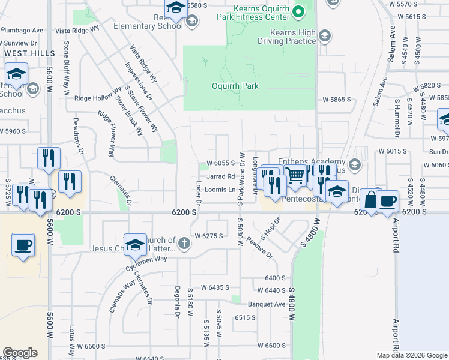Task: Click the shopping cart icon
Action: tap(296, 176)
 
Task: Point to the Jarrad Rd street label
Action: tap(220, 176)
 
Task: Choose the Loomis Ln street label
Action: tap(220, 190)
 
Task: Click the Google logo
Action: tap(20, 353)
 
